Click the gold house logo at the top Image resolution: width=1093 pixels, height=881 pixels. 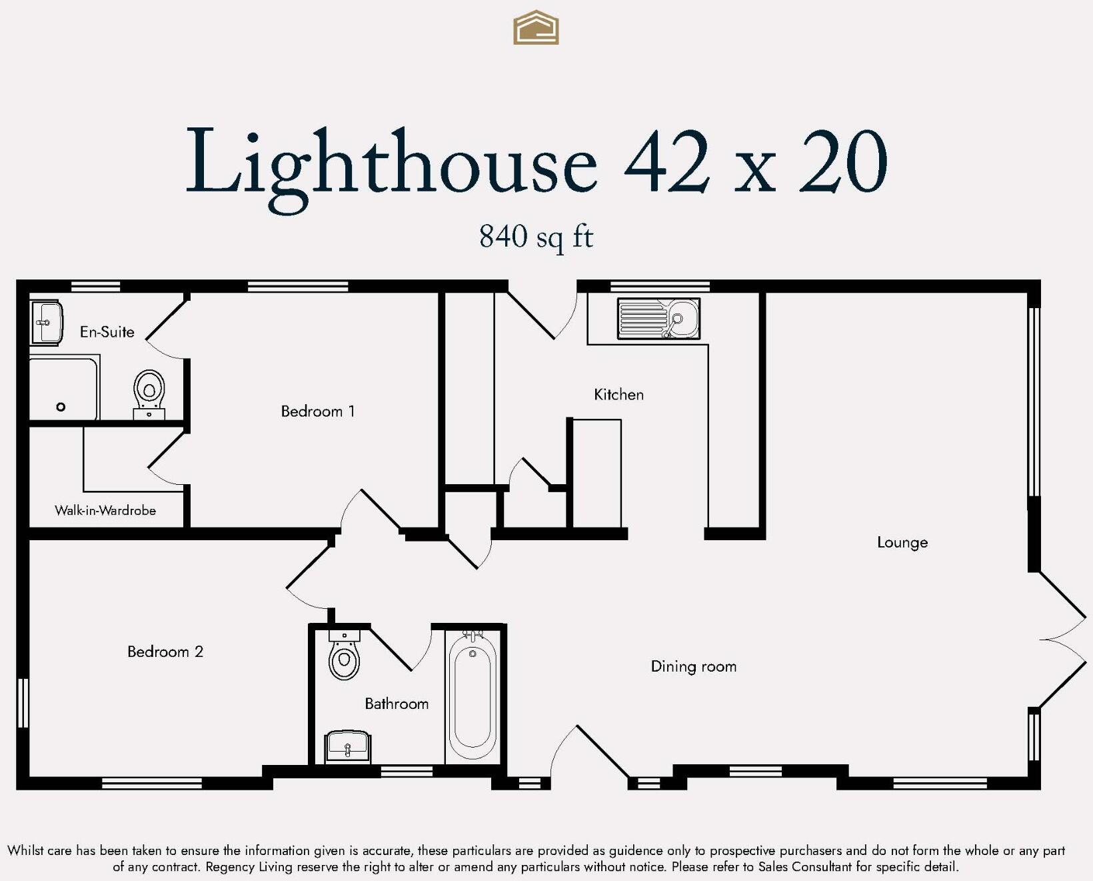pos(536,28)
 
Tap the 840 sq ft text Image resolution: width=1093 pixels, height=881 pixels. pos(536,237)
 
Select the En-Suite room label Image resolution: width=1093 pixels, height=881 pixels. pos(107,331)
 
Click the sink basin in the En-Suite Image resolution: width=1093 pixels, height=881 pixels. pos(47,323)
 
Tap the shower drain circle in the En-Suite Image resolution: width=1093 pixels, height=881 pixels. pos(61,407)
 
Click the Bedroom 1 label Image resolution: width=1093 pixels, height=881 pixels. pos(318,411)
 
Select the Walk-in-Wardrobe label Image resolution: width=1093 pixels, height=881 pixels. pos(105,511)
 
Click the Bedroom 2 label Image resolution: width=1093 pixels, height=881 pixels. pos(165,652)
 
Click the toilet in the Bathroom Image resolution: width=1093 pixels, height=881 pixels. pos(345,656)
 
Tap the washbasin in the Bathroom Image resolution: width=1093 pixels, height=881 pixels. pos(347,747)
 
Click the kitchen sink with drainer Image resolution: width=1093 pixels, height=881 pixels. pos(658,319)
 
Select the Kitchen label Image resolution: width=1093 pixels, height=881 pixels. pos(618,395)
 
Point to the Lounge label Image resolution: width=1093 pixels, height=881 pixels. pos(902,542)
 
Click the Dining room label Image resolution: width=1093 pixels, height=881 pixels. pos(693,666)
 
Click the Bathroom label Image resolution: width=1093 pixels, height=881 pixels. pos(397,704)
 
